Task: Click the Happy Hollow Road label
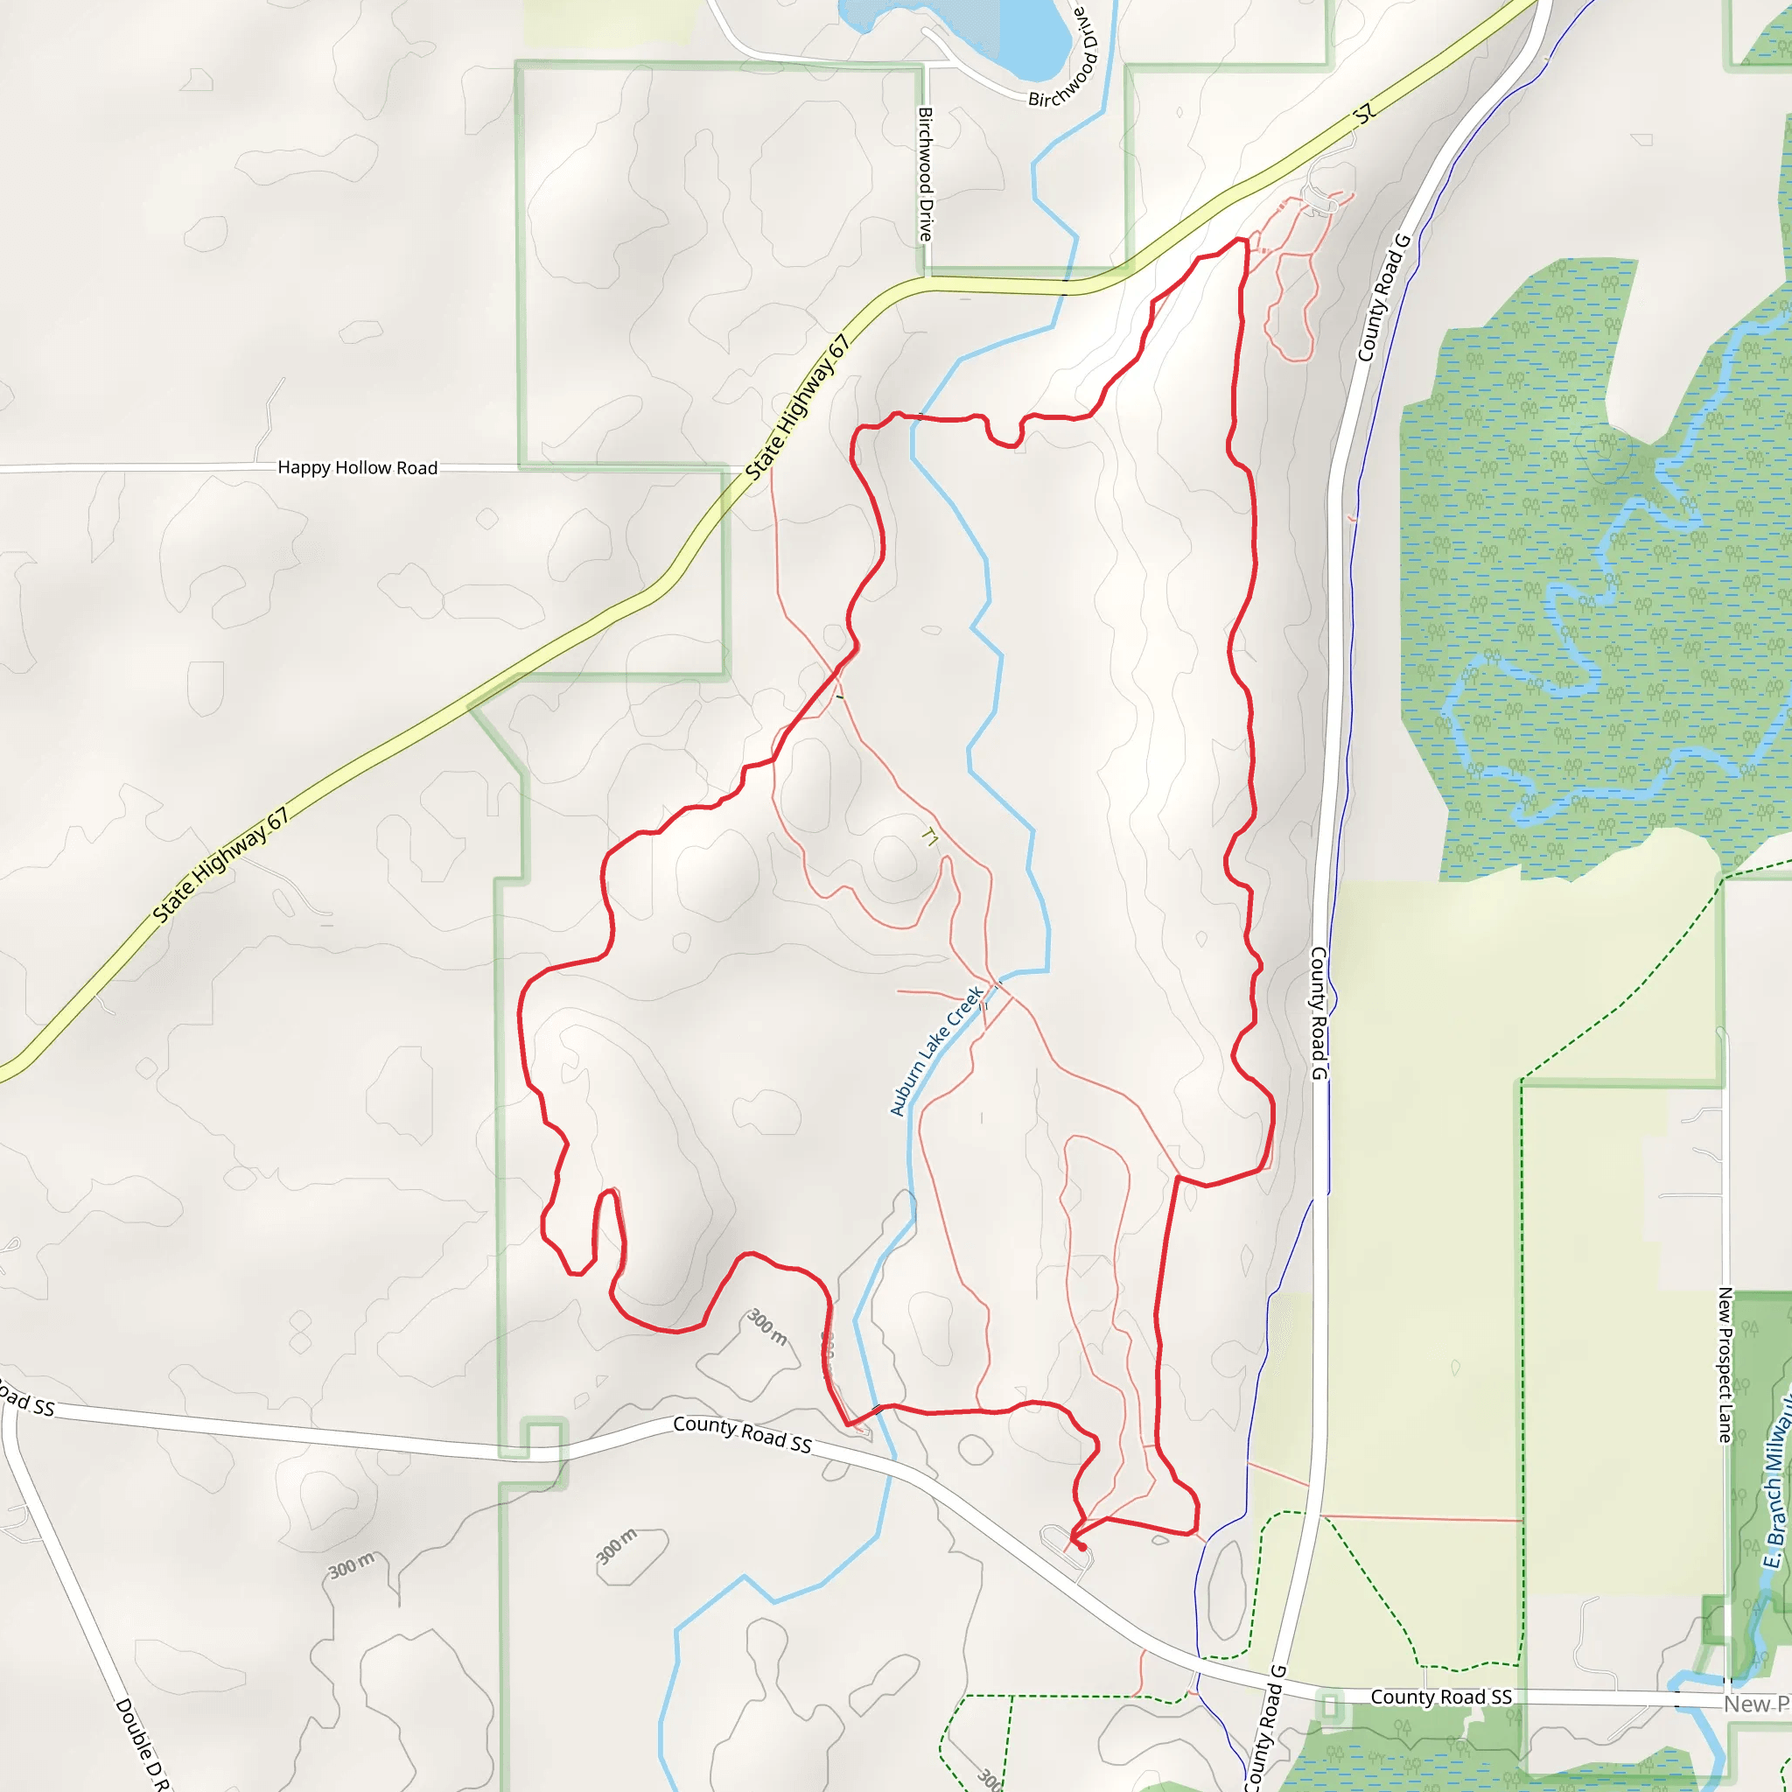click(x=357, y=467)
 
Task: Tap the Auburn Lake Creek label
click(x=936, y=1051)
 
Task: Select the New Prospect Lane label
click(x=1725, y=1364)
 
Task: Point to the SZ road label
click(x=1363, y=114)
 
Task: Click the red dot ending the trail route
click(x=1081, y=1547)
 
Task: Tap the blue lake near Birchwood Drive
click(x=1030, y=37)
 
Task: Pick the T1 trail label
click(x=929, y=838)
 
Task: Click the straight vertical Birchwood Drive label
click(x=925, y=174)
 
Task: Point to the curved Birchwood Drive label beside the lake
click(x=1064, y=58)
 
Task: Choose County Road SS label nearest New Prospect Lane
click(x=1440, y=1697)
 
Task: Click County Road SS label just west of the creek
click(x=742, y=1434)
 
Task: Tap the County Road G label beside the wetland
click(x=1383, y=297)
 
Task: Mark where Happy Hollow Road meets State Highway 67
click(x=747, y=468)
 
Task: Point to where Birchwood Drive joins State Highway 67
click(x=926, y=278)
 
